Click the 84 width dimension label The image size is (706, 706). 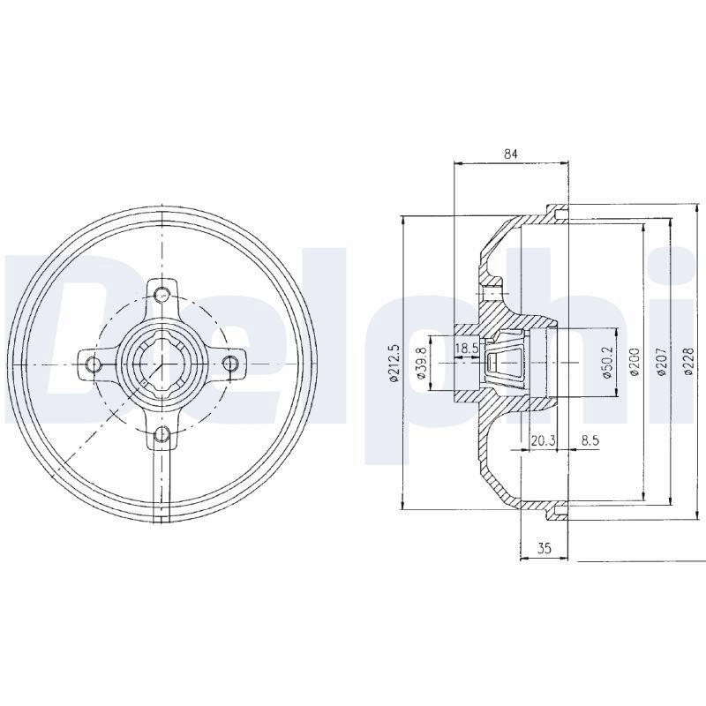(511, 154)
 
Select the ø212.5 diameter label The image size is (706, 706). (394, 364)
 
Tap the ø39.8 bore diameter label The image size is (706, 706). (422, 364)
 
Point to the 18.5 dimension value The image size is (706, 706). (466, 348)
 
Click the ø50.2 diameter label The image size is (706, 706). (608, 363)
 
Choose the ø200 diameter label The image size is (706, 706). (635, 363)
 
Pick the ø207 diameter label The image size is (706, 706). (662, 363)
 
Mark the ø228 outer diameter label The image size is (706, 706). (688, 362)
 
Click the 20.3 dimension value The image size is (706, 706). (543, 440)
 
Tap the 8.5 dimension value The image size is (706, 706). (590, 440)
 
